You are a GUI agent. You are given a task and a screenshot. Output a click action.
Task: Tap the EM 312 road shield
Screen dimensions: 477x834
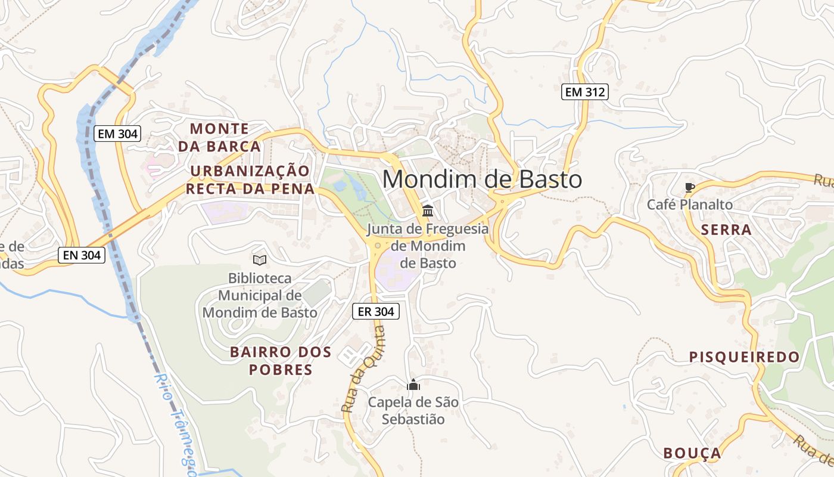click(584, 92)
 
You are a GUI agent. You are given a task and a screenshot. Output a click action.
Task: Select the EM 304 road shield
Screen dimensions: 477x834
click(117, 134)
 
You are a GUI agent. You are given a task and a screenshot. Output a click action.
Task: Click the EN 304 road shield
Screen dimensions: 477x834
click(82, 255)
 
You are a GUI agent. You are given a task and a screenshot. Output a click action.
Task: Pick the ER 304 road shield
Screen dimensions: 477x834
click(375, 311)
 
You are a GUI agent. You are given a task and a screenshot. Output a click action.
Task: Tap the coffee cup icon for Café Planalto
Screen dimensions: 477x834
click(689, 187)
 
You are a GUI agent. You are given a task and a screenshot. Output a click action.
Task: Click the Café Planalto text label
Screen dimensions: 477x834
click(690, 205)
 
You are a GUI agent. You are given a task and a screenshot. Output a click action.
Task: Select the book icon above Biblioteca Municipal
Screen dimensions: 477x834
click(259, 260)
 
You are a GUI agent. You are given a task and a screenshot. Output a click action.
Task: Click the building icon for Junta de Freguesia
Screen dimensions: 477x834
click(427, 210)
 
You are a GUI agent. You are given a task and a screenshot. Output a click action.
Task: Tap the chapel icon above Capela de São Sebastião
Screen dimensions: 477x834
click(413, 385)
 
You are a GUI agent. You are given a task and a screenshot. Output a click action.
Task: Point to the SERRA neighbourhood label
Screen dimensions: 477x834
click(726, 230)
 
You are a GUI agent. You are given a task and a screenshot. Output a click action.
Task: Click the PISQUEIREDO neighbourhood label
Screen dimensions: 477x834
click(744, 357)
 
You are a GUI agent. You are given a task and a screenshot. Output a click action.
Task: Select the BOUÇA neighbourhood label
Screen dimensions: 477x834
click(692, 453)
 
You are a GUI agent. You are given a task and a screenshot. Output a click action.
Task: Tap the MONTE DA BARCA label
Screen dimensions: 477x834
click(219, 137)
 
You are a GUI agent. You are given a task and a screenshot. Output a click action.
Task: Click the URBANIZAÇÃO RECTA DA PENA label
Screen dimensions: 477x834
click(250, 180)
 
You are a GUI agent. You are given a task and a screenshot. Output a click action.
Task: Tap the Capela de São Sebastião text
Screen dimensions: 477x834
click(413, 411)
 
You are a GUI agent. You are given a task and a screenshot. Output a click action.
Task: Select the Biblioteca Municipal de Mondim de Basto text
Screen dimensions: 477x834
click(260, 295)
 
